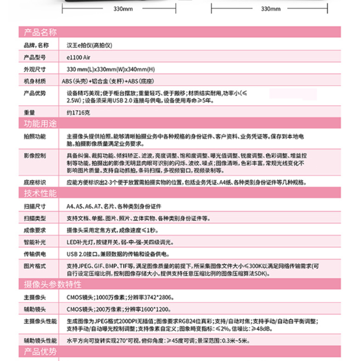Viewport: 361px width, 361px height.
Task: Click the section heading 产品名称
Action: click(38, 32)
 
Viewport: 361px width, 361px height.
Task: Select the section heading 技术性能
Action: click(38, 194)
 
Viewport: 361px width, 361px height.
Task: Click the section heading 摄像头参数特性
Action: click(50, 284)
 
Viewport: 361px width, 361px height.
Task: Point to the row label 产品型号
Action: click(35, 57)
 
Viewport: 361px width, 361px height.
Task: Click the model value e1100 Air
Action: click(79, 57)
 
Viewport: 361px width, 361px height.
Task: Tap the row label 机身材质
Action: click(35, 81)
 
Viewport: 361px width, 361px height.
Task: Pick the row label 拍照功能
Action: click(35, 135)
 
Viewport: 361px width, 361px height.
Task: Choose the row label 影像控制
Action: click(35, 155)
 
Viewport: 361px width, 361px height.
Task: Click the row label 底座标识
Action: click(35, 183)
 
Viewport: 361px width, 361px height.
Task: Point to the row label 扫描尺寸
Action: click(35, 206)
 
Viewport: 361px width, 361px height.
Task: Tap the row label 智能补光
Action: click(35, 242)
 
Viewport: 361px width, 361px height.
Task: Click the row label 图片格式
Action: click(35, 266)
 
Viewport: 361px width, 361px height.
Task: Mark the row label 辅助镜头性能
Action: click(38, 338)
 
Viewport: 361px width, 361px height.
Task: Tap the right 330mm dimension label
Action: click(271, 9)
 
